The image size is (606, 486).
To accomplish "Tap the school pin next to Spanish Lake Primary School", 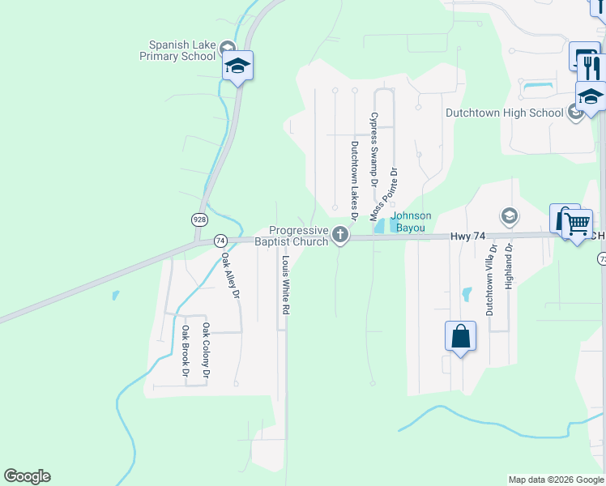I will (x=237, y=66).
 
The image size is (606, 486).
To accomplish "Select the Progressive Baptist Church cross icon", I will (x=340, y=237).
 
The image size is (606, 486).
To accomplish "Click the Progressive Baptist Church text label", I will (x=292, y=236).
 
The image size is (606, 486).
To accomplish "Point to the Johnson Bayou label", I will (x=411, y=222).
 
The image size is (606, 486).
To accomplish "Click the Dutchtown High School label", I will (x=504, y=113).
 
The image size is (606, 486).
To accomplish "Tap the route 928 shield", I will (x=199, y=220).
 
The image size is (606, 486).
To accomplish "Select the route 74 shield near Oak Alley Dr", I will (x=220, y=241).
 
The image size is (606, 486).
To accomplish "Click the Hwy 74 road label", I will (x=467, y=236).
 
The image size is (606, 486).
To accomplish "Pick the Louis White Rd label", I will (x=285, y=285).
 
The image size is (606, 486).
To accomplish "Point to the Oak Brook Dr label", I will (x=186, y=352).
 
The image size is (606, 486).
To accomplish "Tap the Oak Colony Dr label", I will (x=207, y=351).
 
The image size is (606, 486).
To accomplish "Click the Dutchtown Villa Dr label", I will (x=489, y=279).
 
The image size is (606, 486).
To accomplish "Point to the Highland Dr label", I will (x=510, y=266).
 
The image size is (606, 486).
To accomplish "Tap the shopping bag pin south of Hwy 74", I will (x=460, y=335).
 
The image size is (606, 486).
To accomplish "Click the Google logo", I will (x=27, y=476).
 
